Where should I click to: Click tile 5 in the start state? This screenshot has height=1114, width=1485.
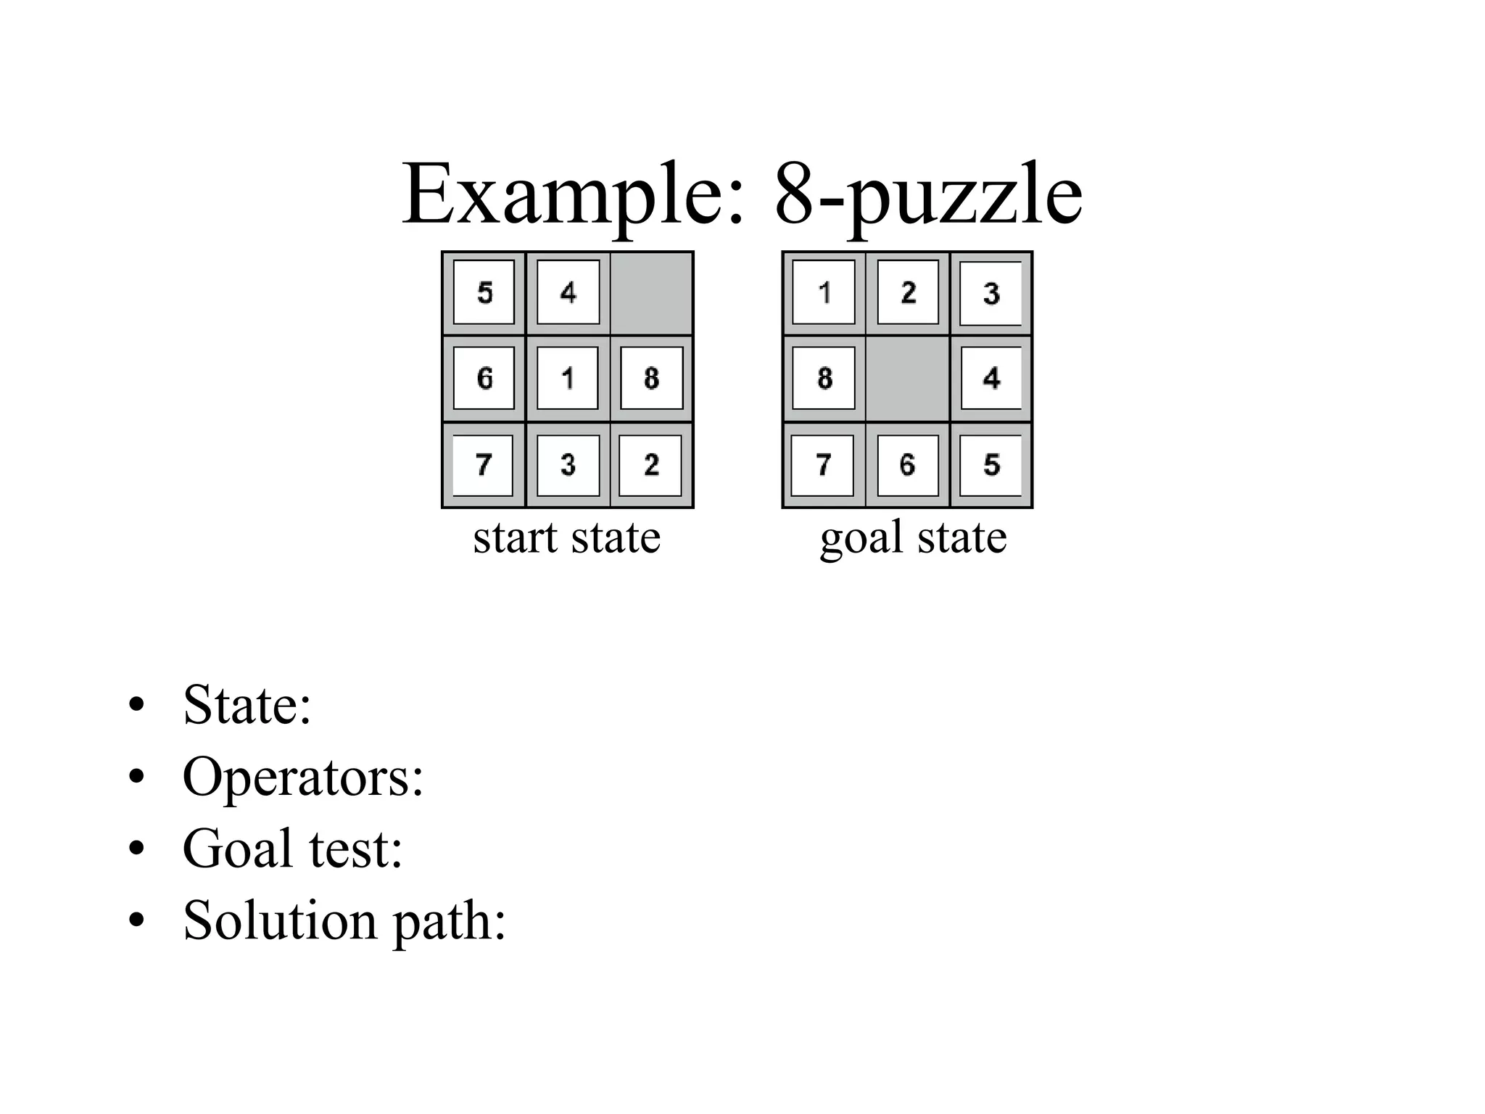click(x=484, y=292)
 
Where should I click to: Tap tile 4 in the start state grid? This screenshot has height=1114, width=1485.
click(x=568, y=292)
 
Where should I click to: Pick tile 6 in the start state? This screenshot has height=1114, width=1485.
click(x=484, y=378)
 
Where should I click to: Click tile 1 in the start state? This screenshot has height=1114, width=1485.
click(x=568, y=378)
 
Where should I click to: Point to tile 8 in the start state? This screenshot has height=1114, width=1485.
click(x=652, y=378)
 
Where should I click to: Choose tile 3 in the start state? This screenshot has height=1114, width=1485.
click(x=568, y=465)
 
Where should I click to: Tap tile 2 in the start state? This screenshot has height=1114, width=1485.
click(x=650, y=465)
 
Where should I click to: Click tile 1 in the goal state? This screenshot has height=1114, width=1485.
click(x=824, y=292)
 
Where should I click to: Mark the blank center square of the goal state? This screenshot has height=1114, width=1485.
click(x=908, y=379)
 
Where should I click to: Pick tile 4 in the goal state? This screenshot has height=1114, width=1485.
click(x=990, y=378)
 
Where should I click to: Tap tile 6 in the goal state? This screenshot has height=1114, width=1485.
click(x=908, y=465)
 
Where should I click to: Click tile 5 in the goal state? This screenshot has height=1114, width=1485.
click(x=990, y=465)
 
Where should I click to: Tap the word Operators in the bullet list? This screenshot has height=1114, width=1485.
click(x=302, y=777)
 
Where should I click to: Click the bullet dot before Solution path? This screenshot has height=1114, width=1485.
click(x=136, y=920)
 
